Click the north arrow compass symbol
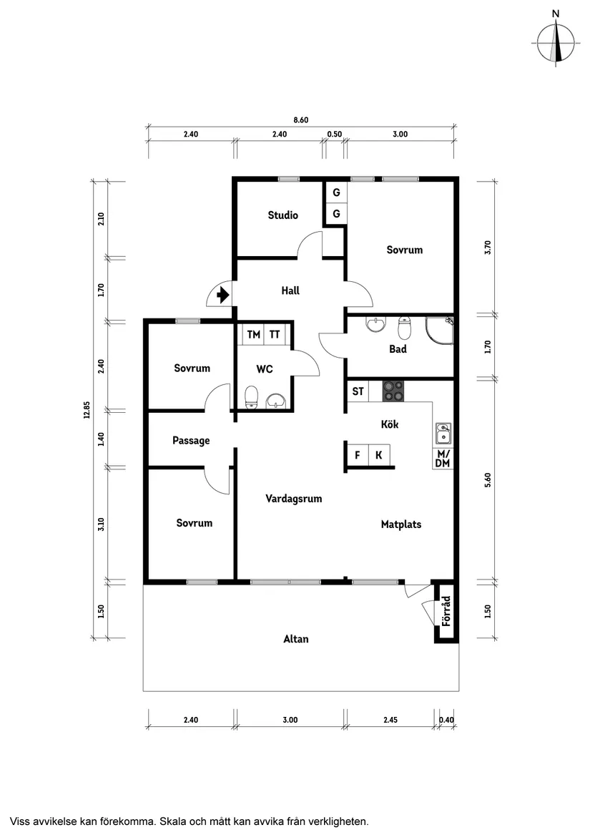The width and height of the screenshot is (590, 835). [556, 43]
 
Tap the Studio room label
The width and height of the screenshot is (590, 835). [282, 215]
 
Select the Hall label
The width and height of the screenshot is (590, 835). [290, 290]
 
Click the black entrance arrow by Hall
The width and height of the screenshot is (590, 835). [222, 293]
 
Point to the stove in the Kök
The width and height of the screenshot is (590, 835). [393, 391]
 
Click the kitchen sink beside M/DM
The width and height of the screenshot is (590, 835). [443, 434]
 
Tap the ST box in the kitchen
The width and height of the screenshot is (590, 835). [358, 391]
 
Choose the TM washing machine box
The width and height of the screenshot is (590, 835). [253, 334]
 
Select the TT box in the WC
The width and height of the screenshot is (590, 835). [275, 334]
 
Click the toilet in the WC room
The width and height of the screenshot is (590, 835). [251, 397]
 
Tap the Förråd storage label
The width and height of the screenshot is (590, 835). [446, 612]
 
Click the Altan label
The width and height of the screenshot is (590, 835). [296, 639]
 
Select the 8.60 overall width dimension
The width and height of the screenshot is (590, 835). [300, 120]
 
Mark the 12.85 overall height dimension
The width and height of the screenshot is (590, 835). [86, 409]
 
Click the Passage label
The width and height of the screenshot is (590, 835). [191, 441]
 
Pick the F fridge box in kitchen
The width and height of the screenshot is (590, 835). [357, 455]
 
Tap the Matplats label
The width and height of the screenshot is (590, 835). [400, 524]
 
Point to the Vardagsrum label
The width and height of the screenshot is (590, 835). [293, 499]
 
